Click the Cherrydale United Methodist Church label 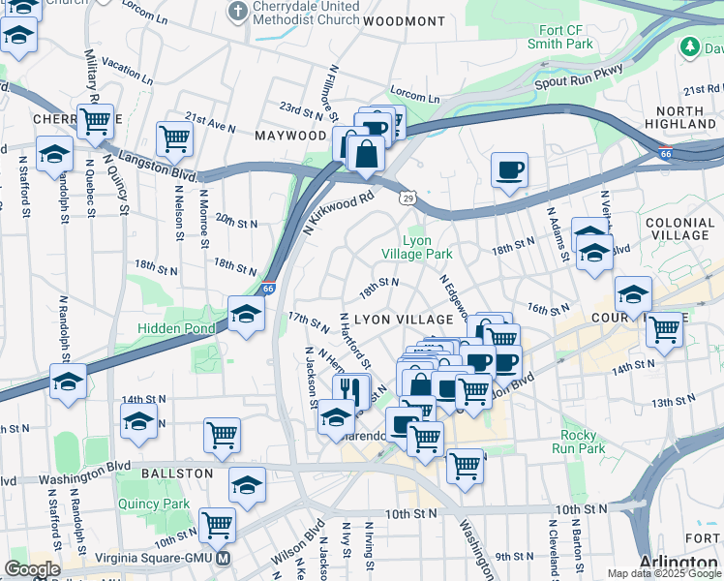[305, 13]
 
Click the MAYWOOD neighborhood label [291, 136]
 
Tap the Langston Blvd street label [158, 166]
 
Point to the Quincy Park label [154, 504]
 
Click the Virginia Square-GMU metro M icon [225, 559]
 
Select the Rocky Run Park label [578, 442]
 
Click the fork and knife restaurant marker [351, 390]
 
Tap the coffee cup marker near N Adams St [509, 171]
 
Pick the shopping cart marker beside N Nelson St [174, 138]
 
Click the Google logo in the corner [32, 569]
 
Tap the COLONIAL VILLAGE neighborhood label [679, 229]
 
